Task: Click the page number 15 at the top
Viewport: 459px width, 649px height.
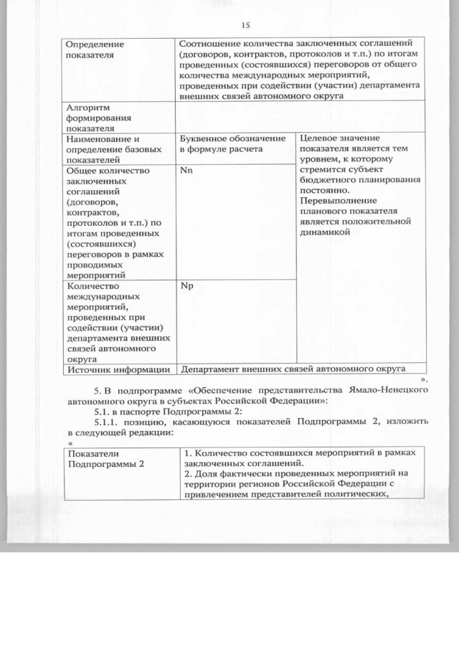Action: point(245,25)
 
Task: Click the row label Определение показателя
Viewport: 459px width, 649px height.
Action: point(94,48)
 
